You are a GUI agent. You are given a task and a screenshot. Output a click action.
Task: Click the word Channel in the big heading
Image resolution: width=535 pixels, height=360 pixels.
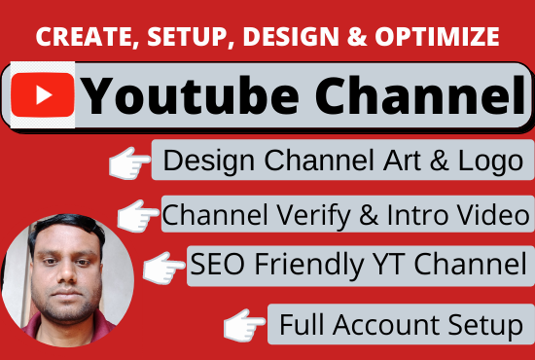[x=408, y=94]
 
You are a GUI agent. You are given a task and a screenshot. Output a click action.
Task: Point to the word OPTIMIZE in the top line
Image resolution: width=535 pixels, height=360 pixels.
[x=442, y=37]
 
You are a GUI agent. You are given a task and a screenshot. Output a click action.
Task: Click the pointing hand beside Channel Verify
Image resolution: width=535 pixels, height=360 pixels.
[x=136, y=215]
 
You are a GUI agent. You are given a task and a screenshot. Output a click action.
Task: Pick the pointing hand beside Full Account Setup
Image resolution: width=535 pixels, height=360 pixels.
[x=245, y=325]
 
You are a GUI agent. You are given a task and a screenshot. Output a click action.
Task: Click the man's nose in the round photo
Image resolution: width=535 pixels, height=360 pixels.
[x=65, y=282]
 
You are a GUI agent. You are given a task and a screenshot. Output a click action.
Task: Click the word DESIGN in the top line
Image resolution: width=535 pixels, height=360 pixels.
[x=287, y=37]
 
